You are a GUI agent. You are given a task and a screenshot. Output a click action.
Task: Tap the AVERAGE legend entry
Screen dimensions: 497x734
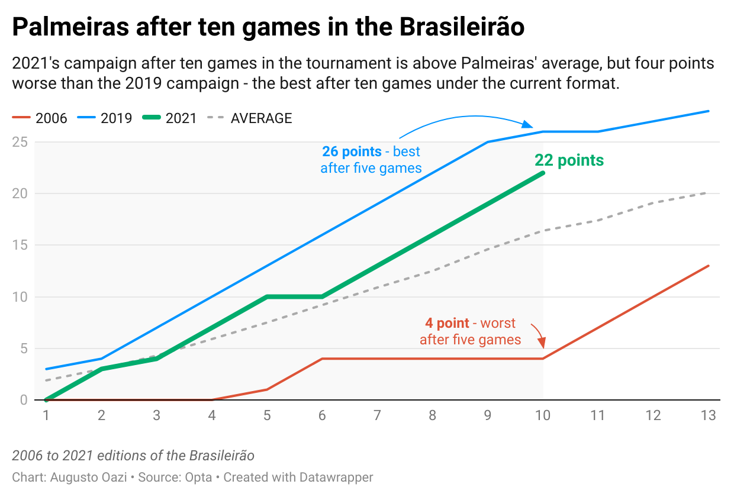[x=249, y=118]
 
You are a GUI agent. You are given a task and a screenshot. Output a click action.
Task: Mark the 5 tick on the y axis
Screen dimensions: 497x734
[x=23, y=348]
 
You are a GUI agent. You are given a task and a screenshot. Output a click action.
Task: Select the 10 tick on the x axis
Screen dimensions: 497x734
[x=543, y=415]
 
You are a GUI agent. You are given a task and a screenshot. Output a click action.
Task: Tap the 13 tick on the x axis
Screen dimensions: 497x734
[x=708, y=415]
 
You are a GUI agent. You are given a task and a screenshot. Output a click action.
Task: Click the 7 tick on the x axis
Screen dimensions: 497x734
[x=377, y=415]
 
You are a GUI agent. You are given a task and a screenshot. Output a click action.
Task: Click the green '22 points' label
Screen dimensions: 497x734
[x=569, y=160]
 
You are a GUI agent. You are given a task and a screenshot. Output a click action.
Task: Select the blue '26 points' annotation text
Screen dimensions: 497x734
[x=371, y=160]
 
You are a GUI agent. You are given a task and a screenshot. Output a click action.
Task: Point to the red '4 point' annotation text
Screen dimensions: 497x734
[x=470, y=331]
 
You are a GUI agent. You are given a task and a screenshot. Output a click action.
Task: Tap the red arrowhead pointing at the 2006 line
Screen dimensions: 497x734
[x=543, y=344]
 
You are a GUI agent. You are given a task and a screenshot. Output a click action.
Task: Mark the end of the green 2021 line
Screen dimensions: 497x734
[x=543, y=173]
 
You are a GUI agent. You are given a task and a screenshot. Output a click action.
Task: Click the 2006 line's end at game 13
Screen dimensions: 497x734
[x=708, y=266]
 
